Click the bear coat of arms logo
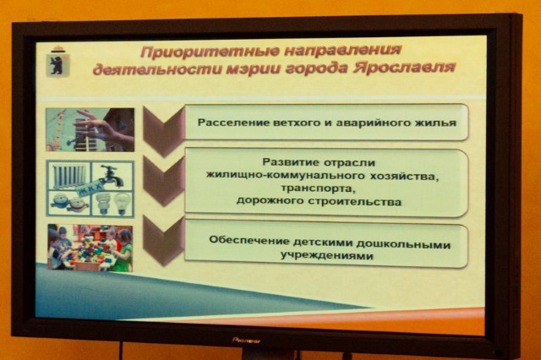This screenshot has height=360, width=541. tap(58, 62)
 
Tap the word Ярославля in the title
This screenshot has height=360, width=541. tap(404, 68)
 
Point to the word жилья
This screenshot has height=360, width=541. tap(438, 123)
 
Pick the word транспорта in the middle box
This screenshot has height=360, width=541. tap(318, 189)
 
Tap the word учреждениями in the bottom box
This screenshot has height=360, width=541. tap(327, 256)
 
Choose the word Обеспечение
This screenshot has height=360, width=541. tap(249, 240)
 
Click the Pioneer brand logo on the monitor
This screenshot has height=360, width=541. tap(246, 341)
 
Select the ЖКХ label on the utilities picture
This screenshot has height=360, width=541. tap(90, 188)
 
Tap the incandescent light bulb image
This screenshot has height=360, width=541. tap(122, 204)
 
